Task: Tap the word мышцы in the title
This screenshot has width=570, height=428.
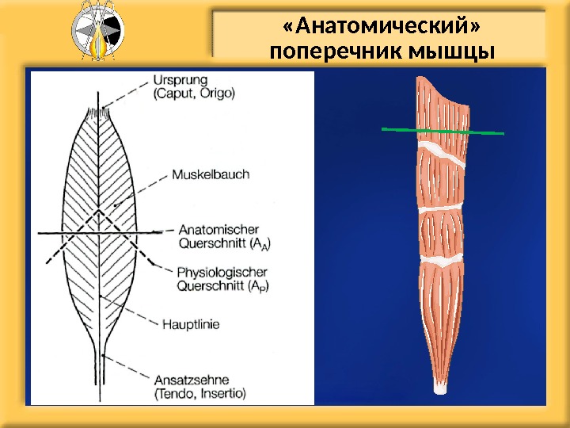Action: point(450,53)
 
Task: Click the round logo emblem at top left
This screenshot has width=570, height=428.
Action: point(97,32)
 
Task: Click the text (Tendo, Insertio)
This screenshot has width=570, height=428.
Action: point(200,392)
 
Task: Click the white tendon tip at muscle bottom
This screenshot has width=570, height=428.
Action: point(442,389)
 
